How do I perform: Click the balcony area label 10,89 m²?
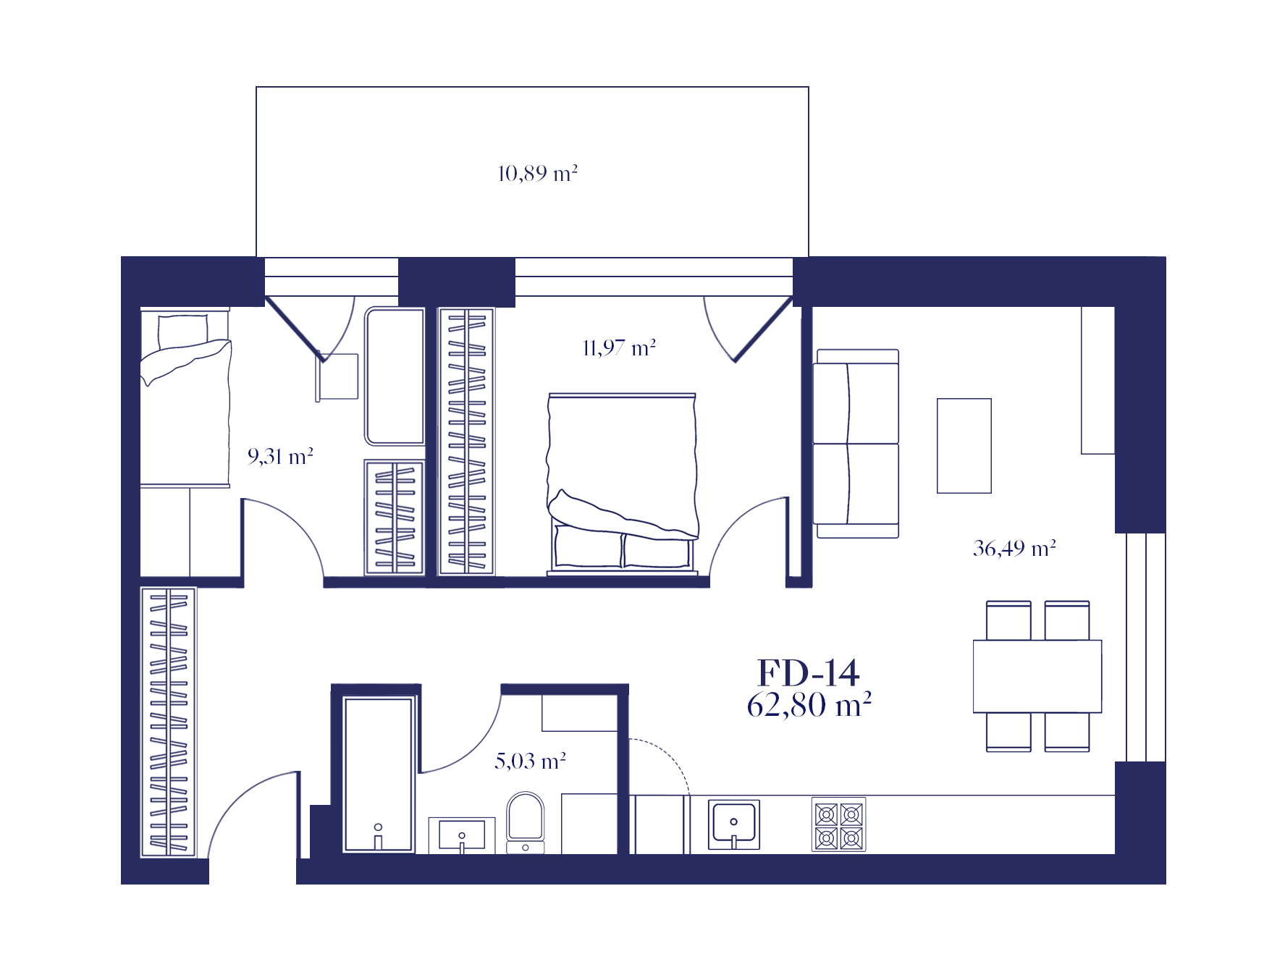pyautogui.click(x=537, y=174)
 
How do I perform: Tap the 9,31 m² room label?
pyautogui.click(x=280, y=456)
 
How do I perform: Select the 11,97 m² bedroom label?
pyautogui.click(x=619, y=348)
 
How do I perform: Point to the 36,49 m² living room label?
pyautogui.click(x=1014, y=548)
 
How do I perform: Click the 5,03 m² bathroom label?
pyautogui.click(x=530, y=761)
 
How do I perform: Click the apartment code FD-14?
pyautogui.click(x=808, y=673)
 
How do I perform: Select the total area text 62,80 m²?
pyautogui.click(x=809, y=704)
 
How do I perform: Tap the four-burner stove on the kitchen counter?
pyautogui.click(x=838, y=824)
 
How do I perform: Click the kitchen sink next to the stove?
pyautogui.click(x=733, y=824)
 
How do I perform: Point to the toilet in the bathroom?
pyautogui.click(x=526, y=822)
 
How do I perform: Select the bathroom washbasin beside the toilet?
pyautogui.click(x=462, y=835)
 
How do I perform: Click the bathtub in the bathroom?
pyautogui.click(x=378, y=774)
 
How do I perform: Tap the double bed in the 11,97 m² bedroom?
pyautogui.click(x=623, y=484)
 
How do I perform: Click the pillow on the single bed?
pyautogui.click(x=183, y=331)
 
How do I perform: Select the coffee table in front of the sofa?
pyautogui.click(x=964, y=446)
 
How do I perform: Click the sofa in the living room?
pyautogui.click(x=856, y=444)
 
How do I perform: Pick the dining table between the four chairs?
pyautogui.click(x=1037, y=676)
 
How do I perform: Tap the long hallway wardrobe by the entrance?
pyautogui.click(x=168, y=722)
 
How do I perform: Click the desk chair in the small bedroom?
pyautogui.click(x=337, y=376)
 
